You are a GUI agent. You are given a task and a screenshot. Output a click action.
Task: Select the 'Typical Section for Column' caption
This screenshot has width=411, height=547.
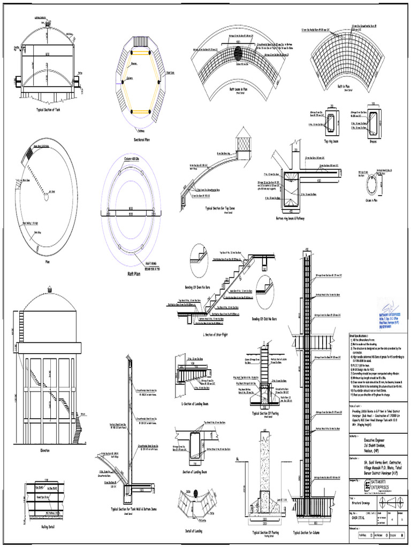(x=309, y=533)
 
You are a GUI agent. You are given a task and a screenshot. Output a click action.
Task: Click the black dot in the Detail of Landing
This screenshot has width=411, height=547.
(x=196, y=493)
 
